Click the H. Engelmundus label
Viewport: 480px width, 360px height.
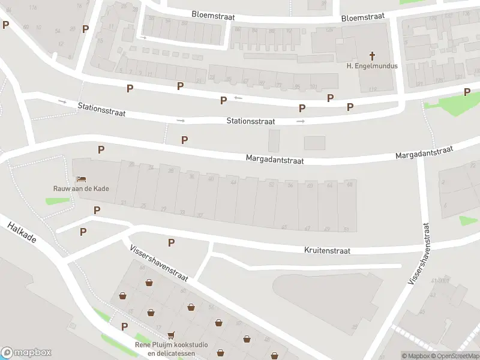372,66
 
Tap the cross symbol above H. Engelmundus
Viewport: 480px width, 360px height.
372,56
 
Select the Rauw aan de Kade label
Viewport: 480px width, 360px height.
80,188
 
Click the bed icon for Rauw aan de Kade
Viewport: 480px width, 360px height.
80,179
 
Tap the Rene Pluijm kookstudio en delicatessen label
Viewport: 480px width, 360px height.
172,349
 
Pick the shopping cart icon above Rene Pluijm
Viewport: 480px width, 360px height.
172,335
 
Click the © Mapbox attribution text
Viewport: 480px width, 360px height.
416,356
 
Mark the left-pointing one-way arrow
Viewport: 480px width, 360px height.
238,98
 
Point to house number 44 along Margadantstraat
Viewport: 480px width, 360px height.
233,181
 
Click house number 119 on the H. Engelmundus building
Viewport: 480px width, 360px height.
374,89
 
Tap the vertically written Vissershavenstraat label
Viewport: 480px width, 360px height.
419,253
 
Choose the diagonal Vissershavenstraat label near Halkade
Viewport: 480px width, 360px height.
159,262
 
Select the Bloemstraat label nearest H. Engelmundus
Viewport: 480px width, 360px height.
362,17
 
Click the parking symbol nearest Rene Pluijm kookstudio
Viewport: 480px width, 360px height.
125,326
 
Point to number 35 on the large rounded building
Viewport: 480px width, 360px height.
355,327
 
